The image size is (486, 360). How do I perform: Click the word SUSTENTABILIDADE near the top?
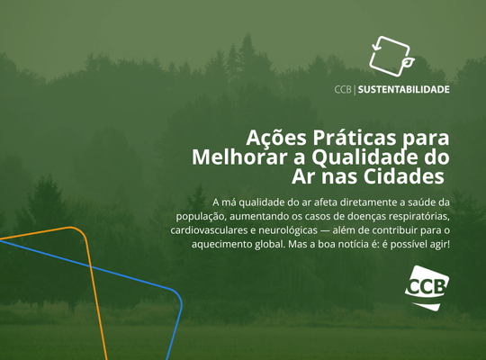pyautogui.click(x=405, y=89)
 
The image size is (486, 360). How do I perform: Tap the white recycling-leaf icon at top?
pyautogui.click(x=391, y=56)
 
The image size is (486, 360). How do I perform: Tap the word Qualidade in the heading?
pyautogui.click(x=373, y=156)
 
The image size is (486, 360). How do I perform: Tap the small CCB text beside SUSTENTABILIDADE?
pyautogui.click(x=343, y=89)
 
